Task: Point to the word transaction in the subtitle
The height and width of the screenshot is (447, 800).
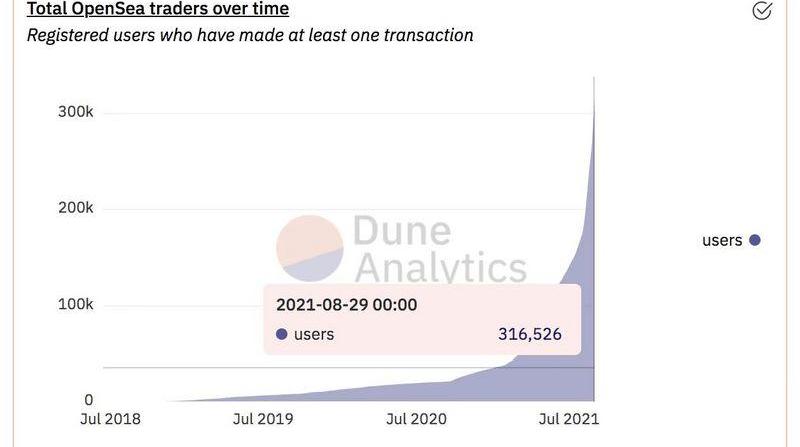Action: [x=421, y=35]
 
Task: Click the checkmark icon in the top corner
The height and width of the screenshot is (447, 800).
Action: [x=762, y=10]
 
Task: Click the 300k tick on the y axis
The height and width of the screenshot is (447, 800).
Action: [x=75, y=112]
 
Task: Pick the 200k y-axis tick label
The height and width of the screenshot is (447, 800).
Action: [x=75, y=208]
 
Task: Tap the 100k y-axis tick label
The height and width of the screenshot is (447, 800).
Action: [x=75, y=304]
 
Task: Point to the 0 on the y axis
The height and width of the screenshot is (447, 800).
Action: [x=88, y=399]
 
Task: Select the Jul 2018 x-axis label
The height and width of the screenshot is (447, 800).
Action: [x=110, y=419]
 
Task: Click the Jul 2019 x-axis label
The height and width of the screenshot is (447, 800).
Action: [x=263, y=419]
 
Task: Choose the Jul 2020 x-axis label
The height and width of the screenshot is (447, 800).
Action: [x=415, y=419]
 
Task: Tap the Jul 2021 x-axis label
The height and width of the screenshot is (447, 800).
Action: [x=568, y=419]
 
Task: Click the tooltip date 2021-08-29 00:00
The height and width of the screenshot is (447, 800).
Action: [x=346, y=305]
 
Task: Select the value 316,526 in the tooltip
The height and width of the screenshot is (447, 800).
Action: [x=530, y=335]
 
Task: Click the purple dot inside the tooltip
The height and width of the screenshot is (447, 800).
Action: [x=281, y=335]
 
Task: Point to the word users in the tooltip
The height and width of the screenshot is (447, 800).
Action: [x=314, y=335]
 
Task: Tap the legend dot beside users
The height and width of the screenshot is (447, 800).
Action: [x=755, y=240]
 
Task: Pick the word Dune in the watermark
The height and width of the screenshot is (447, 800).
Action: [x=401, y=233]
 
